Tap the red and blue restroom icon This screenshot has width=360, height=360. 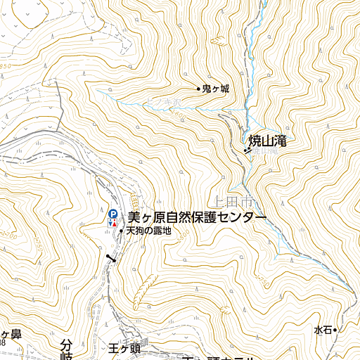pyautogui.click(x=112, y=223)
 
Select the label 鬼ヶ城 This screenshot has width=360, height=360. pyautogui.click(x=216, y=89)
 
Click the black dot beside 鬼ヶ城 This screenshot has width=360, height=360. pyautogui.click(x=198, y=89)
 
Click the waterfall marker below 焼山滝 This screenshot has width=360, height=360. pyautogui.click(x=247, y=150)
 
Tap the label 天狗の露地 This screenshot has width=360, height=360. pyautogui.click(x=149, y=231)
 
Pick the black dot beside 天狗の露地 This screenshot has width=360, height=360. pyautogui.click(x=122, y=231)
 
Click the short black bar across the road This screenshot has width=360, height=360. pyautogui.click(x=110, y=260)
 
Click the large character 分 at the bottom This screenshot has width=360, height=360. pyautogui.click(x=67, y=346)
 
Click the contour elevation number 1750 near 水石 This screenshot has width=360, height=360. pyautogui.click(x=262, y=281)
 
